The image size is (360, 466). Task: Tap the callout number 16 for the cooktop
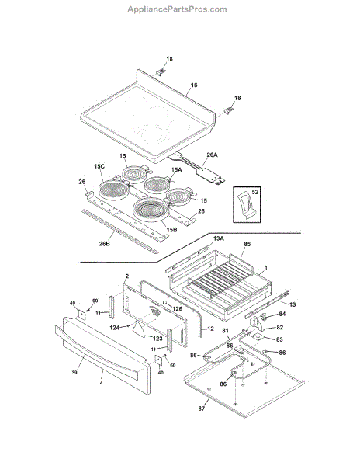click(x=193, y=84)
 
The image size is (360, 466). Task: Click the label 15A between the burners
click(x=176, y=169)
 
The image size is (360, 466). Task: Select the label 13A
click(x=218, y=238)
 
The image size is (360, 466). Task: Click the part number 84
click(x=282, y=315)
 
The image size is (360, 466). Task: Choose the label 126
click(x=177, y=308)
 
